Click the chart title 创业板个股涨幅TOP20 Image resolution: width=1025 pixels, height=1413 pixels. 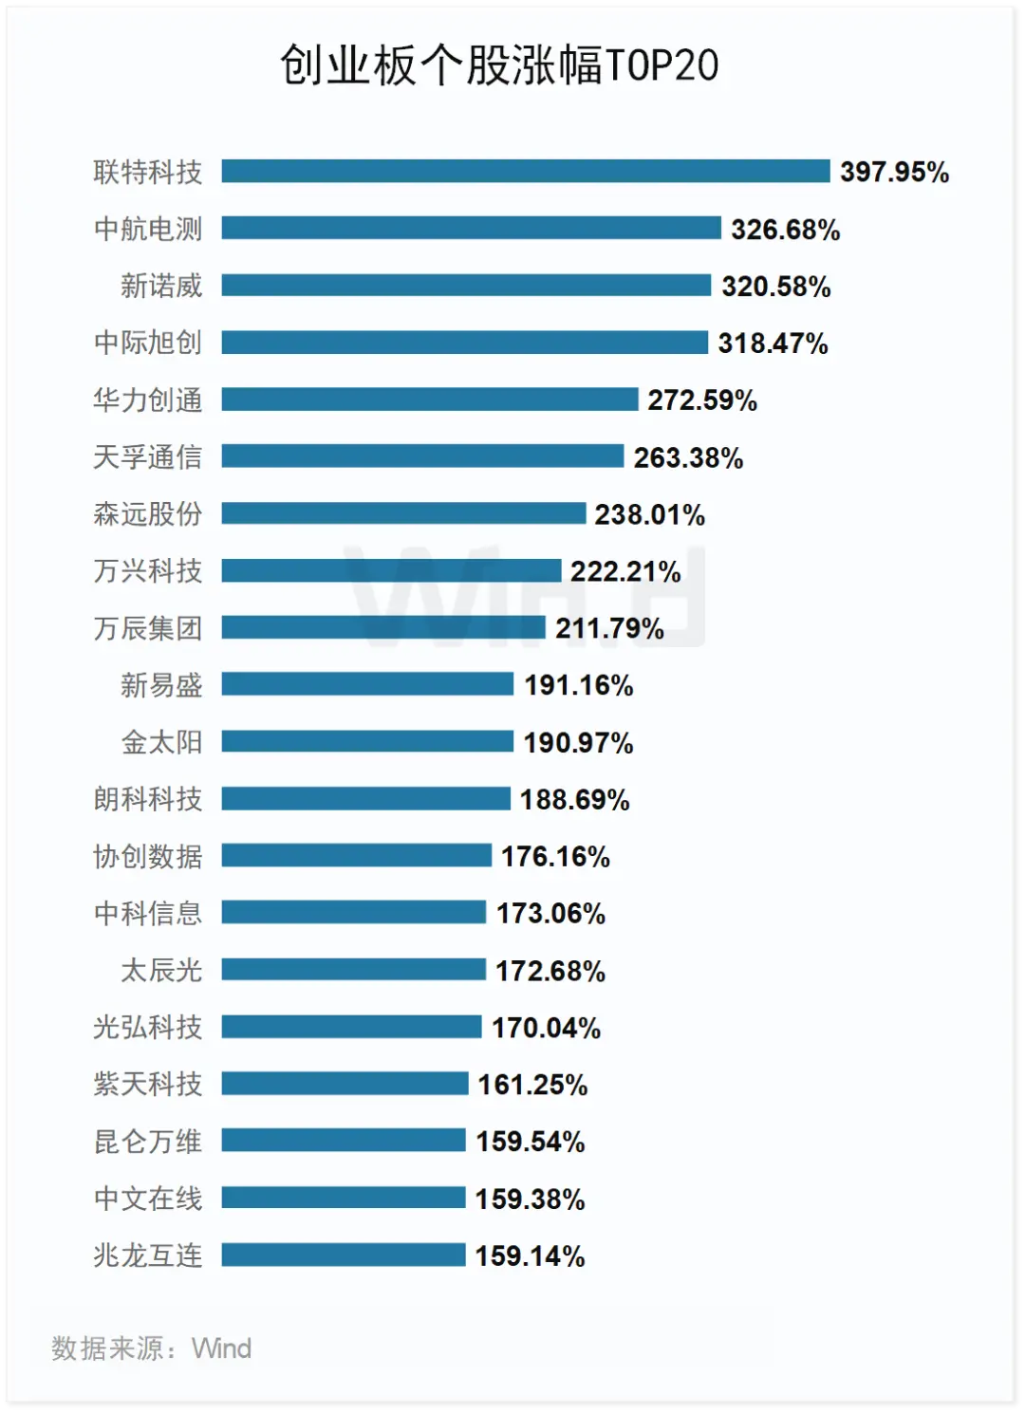click(499, 65)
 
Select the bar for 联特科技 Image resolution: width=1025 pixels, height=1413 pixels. click(526, 171)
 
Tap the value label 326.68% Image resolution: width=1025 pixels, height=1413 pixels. click(785, 230)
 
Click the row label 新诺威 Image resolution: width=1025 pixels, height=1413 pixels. click(161, 286)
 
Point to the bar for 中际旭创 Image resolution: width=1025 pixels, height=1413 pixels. click(465, 343)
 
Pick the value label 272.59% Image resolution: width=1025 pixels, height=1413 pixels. click(702, 400)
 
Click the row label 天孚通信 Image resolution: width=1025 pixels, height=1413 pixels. click(148, 457)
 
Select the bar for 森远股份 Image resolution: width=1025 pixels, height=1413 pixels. click(403, 513)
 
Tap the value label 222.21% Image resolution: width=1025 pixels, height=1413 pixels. click(625, 571)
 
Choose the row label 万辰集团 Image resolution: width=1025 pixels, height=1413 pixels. click(148, 628)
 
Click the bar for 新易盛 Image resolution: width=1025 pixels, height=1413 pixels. click(367, 684)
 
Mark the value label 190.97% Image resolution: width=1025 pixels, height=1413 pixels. click(578, 742)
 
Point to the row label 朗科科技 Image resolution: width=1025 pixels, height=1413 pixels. click(148, 799)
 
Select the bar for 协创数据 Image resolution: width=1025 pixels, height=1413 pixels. click(357, 855)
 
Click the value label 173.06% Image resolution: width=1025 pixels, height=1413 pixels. click(550, 913)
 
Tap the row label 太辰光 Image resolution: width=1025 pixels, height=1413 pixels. click(161, 970)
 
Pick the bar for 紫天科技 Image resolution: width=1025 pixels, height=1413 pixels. click(345, 1084)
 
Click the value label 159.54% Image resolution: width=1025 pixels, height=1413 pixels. click(530, 1142)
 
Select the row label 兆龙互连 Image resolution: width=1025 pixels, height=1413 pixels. click(148, 1255)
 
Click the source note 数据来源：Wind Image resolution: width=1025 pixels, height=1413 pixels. click(152, 1348)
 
